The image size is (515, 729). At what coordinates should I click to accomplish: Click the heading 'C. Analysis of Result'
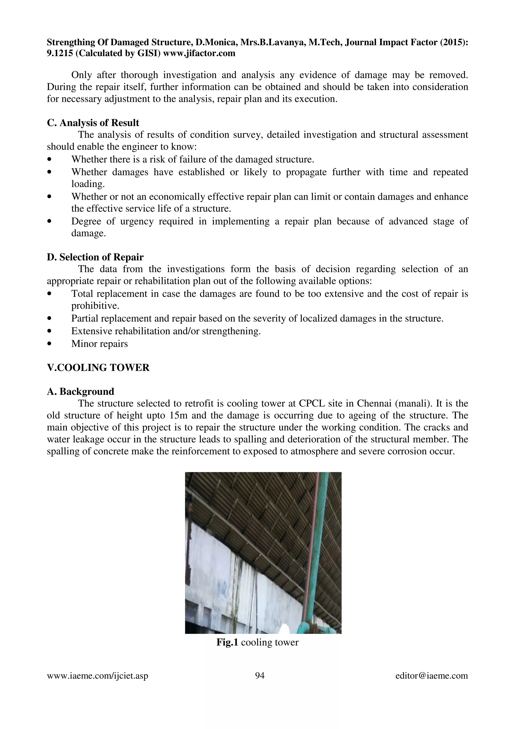pos(93,123)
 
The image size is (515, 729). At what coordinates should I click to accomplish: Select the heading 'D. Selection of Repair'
pos(95,257)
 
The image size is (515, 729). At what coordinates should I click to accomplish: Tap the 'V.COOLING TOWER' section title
pos(98,368)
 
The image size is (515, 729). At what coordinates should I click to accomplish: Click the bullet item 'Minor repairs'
pos(99,344)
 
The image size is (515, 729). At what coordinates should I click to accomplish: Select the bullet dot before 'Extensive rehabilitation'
pos(49,331)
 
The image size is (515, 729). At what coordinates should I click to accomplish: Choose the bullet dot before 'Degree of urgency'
pos(49,221)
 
